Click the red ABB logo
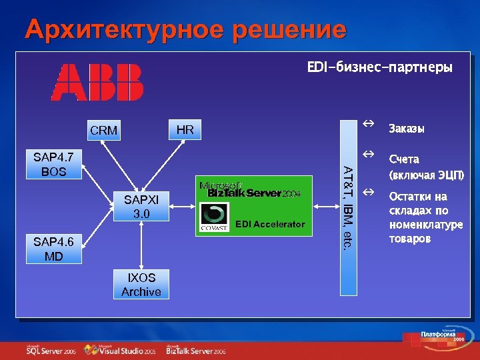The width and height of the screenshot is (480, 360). [98, 82]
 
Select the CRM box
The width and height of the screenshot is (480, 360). [103, 131]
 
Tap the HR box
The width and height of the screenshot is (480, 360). [185, 129]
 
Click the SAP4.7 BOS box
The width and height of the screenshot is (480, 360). [53, 165]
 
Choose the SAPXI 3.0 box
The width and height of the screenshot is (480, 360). [141, 206]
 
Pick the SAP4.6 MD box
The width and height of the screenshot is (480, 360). [53, 249]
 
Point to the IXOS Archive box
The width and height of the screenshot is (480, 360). [141, 285]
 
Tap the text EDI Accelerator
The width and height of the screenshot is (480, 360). [269, 224]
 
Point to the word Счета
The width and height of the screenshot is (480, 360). [404, 159]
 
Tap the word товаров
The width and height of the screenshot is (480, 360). [410, 238]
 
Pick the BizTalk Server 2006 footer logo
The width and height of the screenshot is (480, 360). [196, 349]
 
